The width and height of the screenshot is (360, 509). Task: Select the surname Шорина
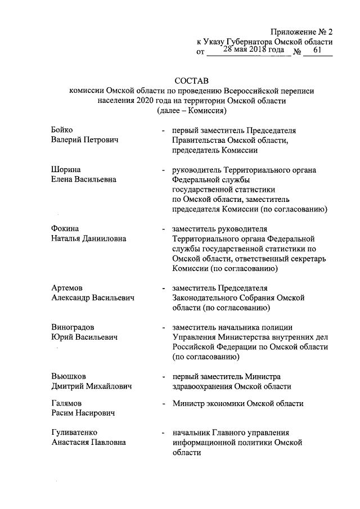pyautogui.click(x=64, y=169)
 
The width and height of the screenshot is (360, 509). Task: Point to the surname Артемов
pyautogui.click(x=66, y=287)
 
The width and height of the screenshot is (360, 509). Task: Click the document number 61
pyautogui.click(x=318, y=51)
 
